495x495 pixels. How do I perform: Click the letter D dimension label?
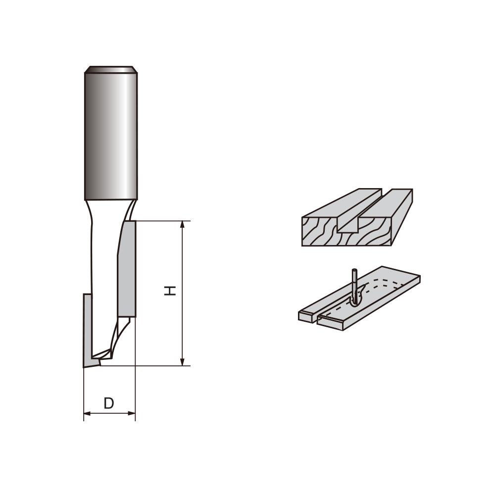pos(109,403)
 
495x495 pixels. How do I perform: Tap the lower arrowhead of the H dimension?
pos(183,362)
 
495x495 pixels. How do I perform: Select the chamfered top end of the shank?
pos(110,69)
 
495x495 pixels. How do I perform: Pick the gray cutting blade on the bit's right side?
pos(127,270)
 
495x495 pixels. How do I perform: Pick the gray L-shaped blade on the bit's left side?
pos(87,327)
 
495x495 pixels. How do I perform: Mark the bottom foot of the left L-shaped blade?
pos(91,363)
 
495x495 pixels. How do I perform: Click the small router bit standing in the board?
pos(354,285)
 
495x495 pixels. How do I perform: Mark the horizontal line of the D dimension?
pos(109,413)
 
